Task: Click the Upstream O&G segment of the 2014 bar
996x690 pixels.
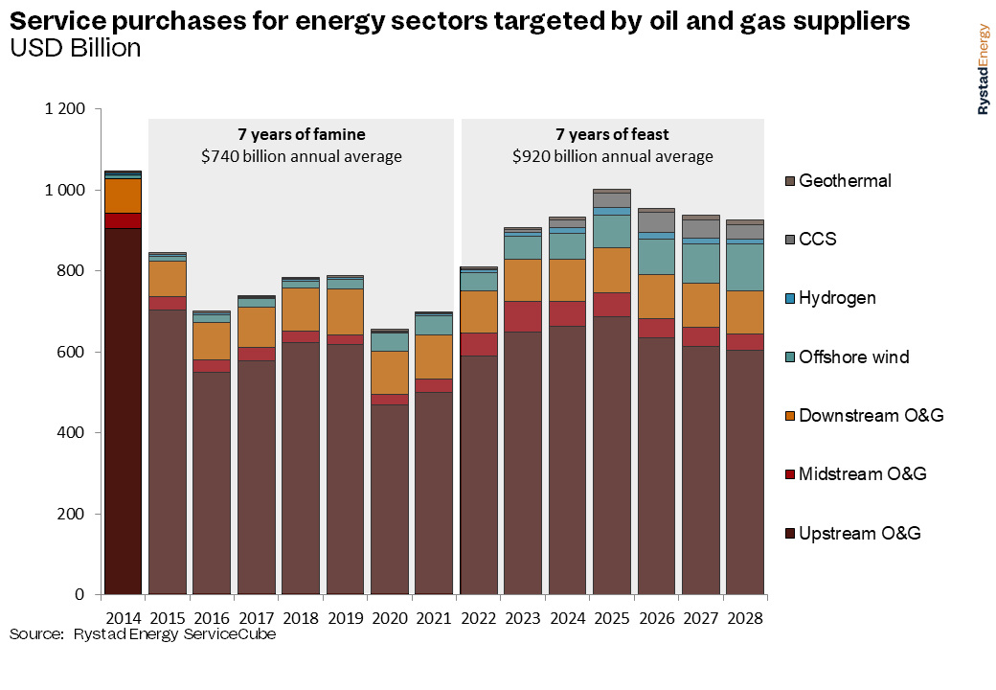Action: coord(123,411)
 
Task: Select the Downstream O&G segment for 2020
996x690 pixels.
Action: coord(389,373)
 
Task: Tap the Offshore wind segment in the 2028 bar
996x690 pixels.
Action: coord(744,267)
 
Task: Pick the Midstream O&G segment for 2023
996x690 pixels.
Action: coord(523,316)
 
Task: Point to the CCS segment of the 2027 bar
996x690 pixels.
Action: coord(700,229)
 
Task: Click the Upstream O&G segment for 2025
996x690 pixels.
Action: coord(611,455)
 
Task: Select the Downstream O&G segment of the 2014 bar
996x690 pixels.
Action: coord(123,196)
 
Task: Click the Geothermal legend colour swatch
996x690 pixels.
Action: coord(789,181)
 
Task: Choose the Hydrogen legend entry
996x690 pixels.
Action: coord(837,298)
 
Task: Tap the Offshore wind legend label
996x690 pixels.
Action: coord(853,357)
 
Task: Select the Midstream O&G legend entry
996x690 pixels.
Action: coord(862,474)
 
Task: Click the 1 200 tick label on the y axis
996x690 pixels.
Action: coord(65,110)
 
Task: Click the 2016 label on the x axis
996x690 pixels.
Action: coord(212,618)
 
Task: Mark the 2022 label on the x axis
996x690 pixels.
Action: coord(478,618)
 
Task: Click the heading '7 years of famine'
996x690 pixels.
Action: coord(301,134)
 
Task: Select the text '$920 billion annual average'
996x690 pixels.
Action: coord(612,156)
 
